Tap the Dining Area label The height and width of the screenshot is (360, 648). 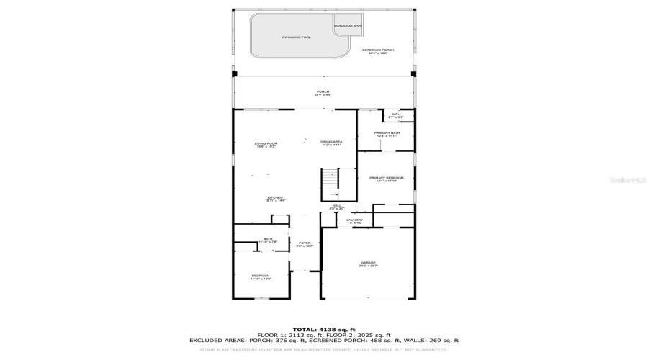331,143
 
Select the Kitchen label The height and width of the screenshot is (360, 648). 275,199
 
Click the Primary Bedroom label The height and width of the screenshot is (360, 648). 386,179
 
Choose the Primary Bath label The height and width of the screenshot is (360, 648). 386,134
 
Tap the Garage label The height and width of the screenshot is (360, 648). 368,264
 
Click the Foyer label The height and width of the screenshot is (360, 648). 305,244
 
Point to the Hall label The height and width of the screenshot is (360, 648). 336,206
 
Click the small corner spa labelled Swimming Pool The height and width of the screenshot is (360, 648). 348,26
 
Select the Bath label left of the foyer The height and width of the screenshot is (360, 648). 268,240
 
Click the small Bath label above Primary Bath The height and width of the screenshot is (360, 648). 396,114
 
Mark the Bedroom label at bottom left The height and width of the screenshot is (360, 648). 261,277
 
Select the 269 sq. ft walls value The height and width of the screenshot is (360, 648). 443,341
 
